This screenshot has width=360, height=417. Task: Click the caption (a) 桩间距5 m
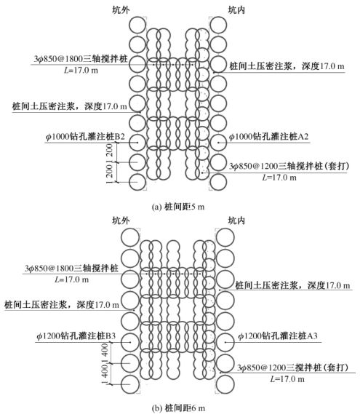[x=178, y=207]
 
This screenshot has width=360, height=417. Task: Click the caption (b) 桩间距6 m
[x=178, y=408]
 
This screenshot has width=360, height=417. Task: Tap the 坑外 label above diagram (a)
[x=121, y=10]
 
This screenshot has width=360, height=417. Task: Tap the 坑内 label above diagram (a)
[x=236, y=10]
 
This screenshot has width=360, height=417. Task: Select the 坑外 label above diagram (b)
[x=121, y=221]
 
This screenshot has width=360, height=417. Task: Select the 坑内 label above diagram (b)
[x=236, y=221]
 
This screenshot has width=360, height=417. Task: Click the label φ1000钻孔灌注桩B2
[x=85, y=137]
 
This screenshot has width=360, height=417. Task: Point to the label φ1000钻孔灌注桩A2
[x=268, y=137]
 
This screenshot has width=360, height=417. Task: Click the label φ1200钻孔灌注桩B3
[x=76, y=336]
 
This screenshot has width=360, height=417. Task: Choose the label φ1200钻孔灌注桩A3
[x=278, y=336]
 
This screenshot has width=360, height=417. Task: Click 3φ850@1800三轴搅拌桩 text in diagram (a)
[x=81, y=59]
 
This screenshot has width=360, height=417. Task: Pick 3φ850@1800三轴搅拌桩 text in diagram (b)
[x=72, y=268]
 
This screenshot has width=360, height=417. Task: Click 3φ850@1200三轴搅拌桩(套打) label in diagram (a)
[x=289, y=166]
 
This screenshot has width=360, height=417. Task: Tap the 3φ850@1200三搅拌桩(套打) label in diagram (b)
[x=292, y=368]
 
